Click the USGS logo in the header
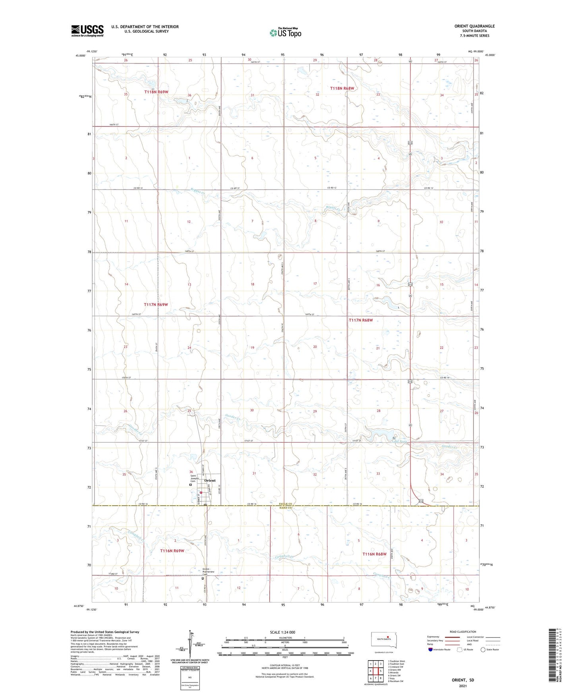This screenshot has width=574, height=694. pos(87,31)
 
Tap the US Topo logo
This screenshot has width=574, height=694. pos(285,32)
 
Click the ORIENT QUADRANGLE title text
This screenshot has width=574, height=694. pos(475,26)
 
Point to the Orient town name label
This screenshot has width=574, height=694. pos(210,481)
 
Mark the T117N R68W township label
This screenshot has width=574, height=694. pos(361,320)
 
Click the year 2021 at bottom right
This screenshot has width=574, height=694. pos(462,686)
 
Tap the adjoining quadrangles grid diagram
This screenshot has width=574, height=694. pos(375,671)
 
